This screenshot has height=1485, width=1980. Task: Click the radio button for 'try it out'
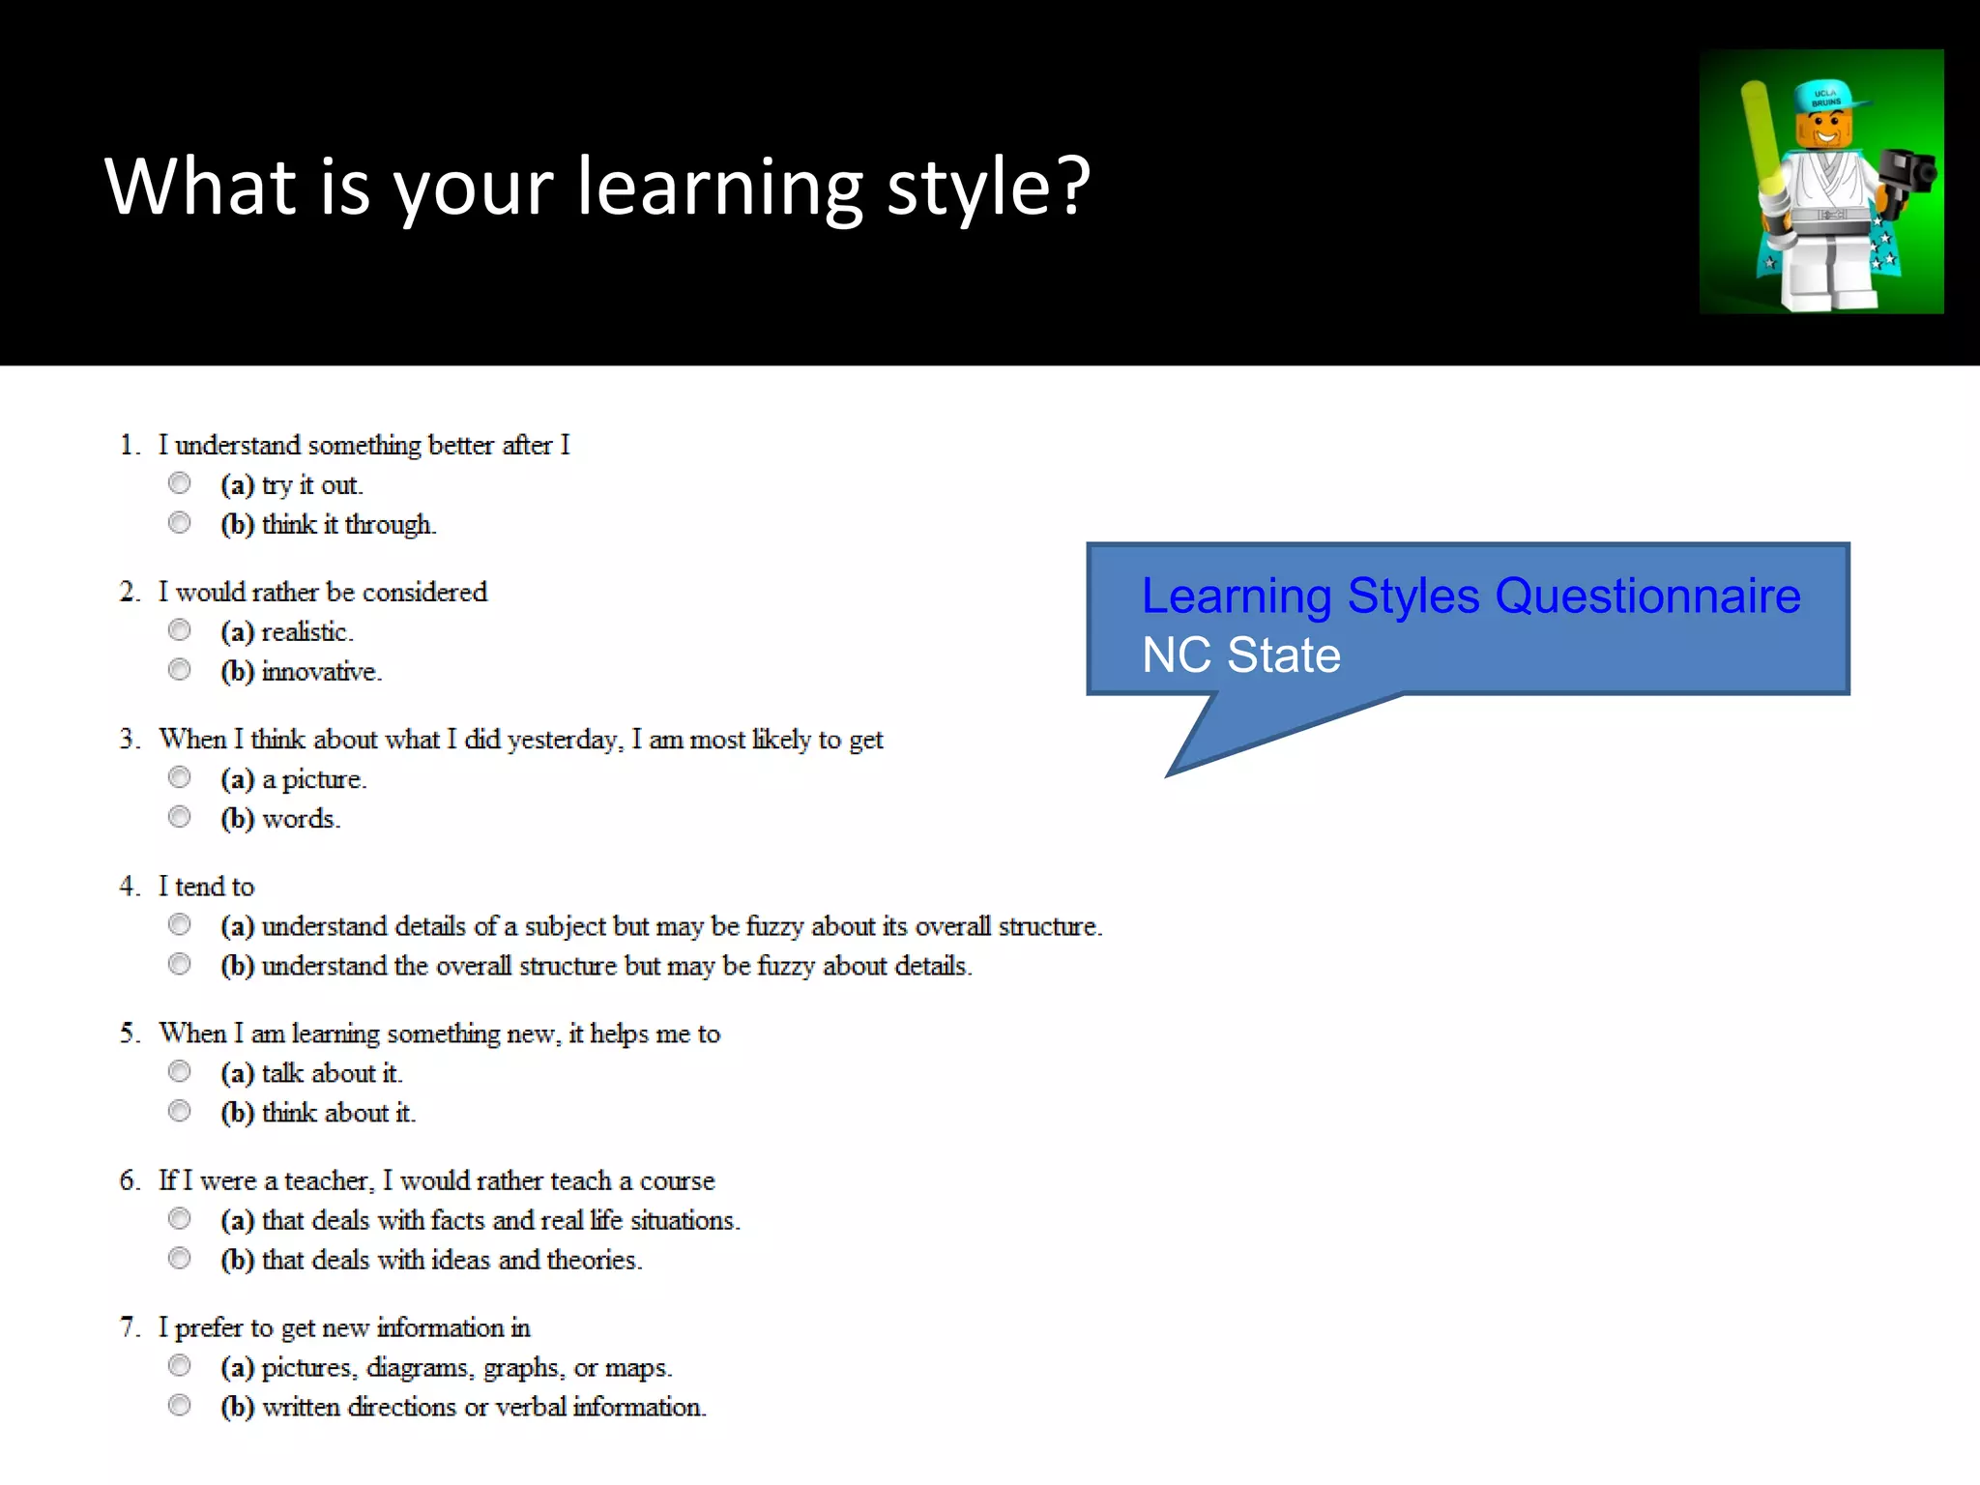[x=180, y=483]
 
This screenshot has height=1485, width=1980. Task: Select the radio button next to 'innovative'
[x=180, y=670]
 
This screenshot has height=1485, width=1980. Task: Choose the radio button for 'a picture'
[x=180, y=777]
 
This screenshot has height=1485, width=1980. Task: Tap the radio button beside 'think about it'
[x=180, y=1111]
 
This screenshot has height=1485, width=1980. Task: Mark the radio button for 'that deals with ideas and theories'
[x=180, y=1258]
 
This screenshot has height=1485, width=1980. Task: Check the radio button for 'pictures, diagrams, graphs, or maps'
[x=180, y=1365]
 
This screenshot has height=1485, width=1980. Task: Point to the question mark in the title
[x=1073, y=186]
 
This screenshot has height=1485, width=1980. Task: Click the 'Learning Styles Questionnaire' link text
[x=1470, y=596]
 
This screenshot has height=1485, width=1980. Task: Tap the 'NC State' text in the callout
[x=1241, y=655]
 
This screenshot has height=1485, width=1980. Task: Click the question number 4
[x=129, y=887]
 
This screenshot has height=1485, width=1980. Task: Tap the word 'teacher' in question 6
[x=328, y=1181]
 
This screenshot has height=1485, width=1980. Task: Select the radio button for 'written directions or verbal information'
[x=180, y=1405]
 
